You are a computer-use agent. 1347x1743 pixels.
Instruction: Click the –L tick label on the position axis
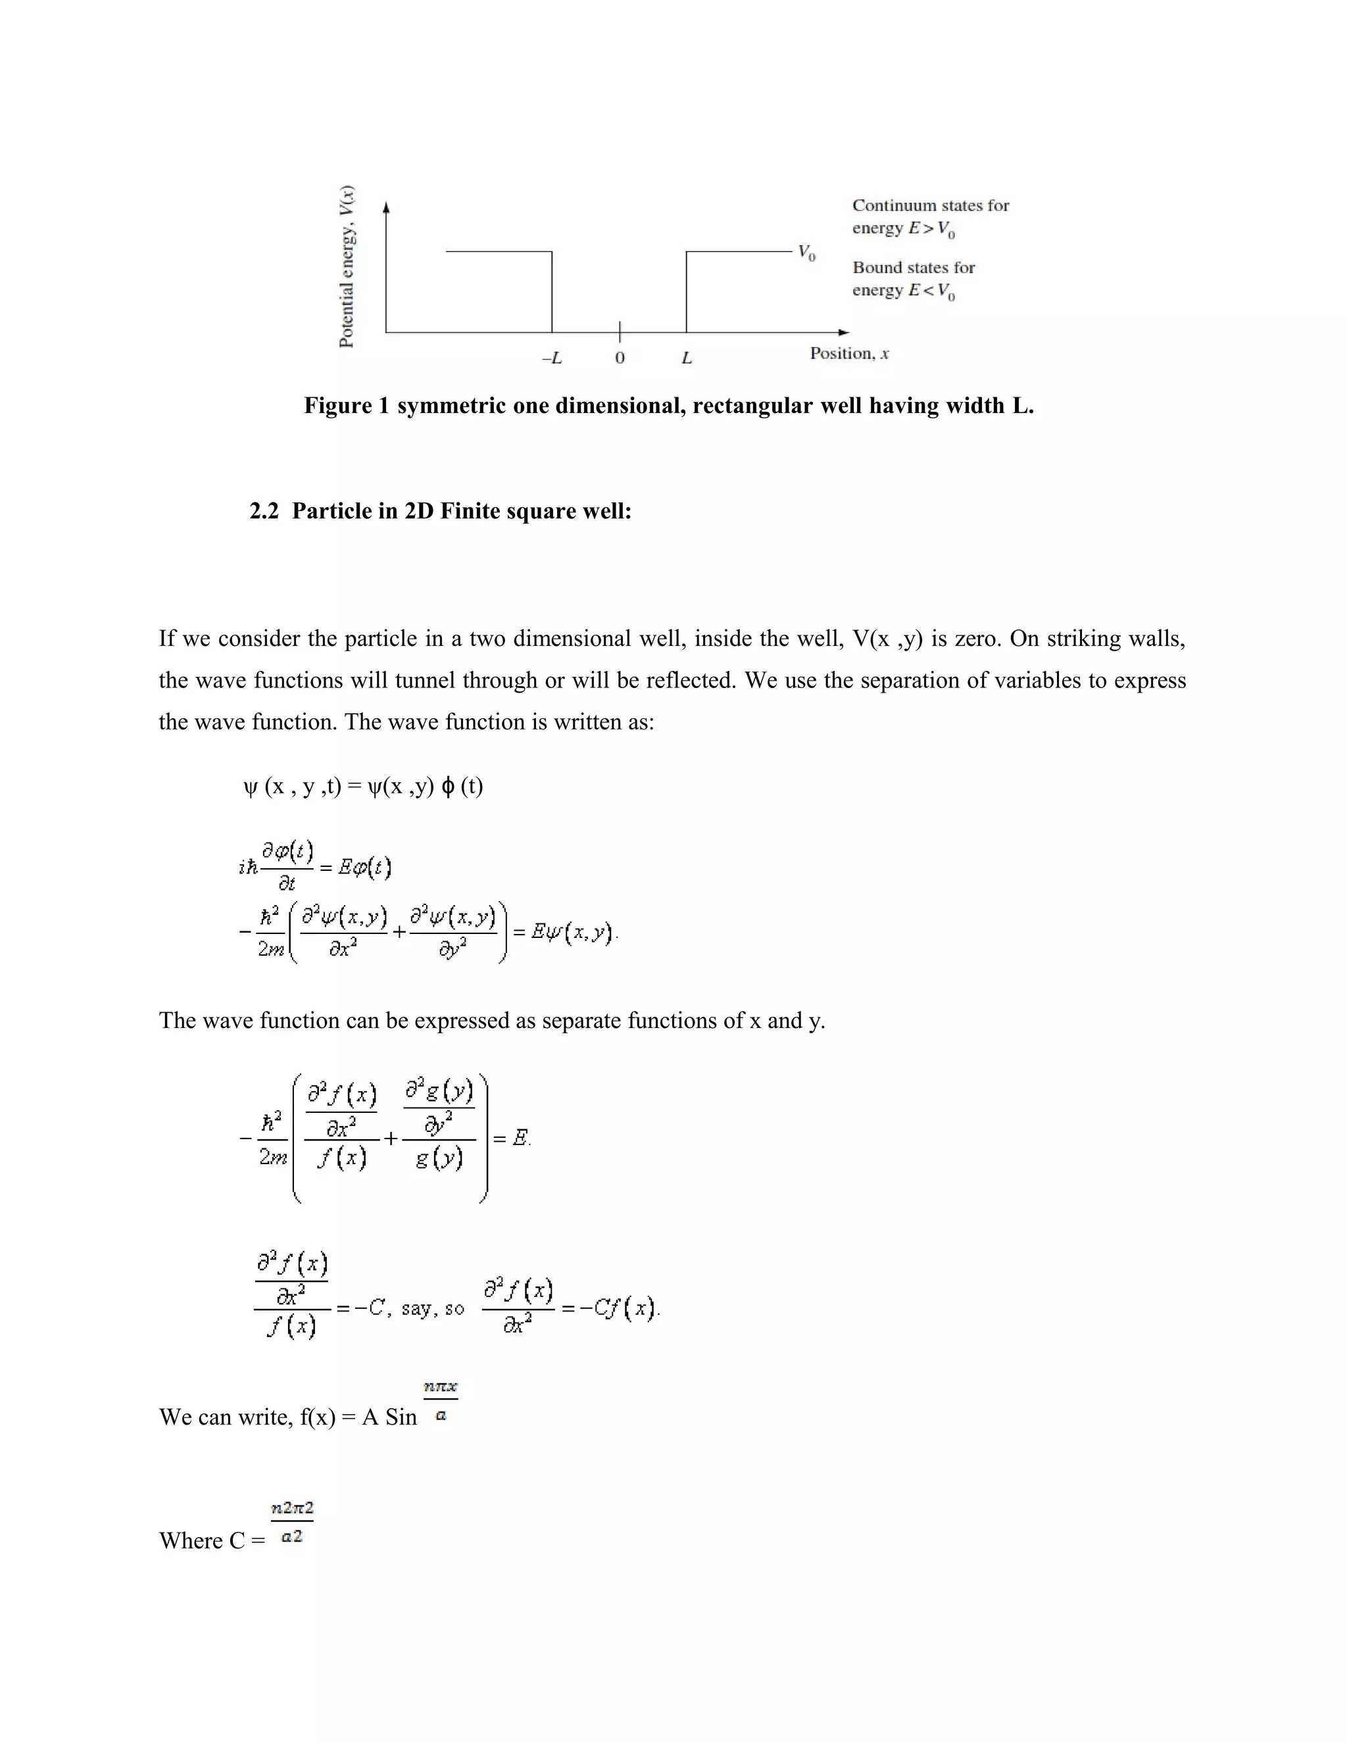click(551, 358)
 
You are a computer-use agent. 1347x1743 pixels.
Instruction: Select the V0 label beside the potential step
click(807, 254)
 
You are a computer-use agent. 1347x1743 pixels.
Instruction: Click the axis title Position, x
click(849, 354)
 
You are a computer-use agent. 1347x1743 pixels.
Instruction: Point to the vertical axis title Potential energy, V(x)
click(347, 266)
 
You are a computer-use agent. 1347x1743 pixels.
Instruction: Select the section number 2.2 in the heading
click(264, 512)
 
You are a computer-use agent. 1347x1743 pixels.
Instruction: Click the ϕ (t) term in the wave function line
click(462, 787)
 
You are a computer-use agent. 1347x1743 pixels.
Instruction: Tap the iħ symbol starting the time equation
click(248, 868)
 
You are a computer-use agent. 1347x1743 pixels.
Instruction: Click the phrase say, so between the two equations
click(433, 1309)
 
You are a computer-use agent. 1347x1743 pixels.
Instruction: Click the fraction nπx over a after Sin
click(441, 1402)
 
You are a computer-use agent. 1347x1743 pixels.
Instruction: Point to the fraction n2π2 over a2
click(292, 1522)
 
